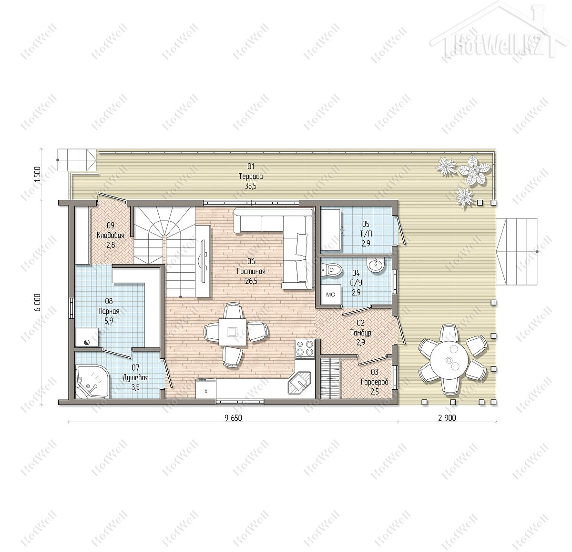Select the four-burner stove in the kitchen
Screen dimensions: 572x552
305,349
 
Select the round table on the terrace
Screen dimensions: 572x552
449,360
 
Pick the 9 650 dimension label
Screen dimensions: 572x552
233,418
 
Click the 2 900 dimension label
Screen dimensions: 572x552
447,418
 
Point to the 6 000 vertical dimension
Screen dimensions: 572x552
38,303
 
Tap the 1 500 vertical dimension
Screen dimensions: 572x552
37,174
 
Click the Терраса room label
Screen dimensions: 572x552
251,177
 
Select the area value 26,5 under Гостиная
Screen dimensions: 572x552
251,281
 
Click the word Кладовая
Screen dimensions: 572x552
111,235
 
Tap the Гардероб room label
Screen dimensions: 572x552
375,382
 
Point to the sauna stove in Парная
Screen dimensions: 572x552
87,337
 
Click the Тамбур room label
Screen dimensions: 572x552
361,333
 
